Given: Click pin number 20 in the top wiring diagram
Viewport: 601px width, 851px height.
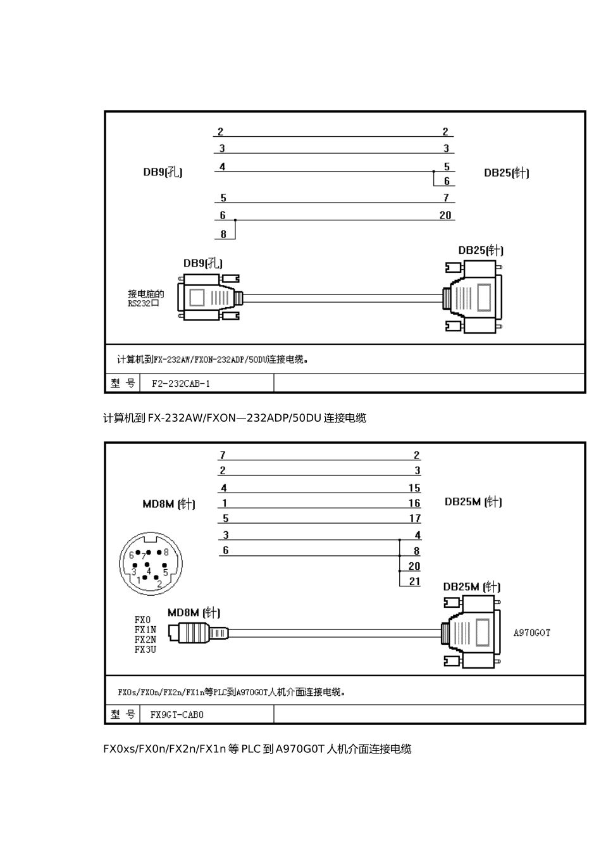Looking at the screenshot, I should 445,215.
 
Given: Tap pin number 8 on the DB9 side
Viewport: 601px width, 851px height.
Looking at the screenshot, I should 223,234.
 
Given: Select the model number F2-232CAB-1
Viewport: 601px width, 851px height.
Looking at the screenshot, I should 181,384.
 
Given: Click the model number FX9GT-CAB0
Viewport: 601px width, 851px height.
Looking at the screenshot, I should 177,715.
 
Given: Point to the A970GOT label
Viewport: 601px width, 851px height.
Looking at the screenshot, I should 531,633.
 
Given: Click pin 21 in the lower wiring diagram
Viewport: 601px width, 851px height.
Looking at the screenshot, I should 414,581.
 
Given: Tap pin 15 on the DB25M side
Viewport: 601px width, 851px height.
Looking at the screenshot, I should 414,488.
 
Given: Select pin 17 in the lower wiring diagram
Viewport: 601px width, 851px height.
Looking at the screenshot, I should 415,519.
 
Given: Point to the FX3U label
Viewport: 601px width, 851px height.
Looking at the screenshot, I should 145,649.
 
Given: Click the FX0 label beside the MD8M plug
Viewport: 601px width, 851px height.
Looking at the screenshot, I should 143,620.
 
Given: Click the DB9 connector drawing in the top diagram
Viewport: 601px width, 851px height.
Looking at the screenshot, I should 211,297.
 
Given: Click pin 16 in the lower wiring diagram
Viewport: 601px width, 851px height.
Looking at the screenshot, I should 414,503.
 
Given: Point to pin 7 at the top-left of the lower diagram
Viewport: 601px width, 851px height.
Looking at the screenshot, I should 223,455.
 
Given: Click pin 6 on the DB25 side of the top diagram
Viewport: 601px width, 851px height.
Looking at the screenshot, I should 447,181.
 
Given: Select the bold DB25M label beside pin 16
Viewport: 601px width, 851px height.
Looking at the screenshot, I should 473,502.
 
